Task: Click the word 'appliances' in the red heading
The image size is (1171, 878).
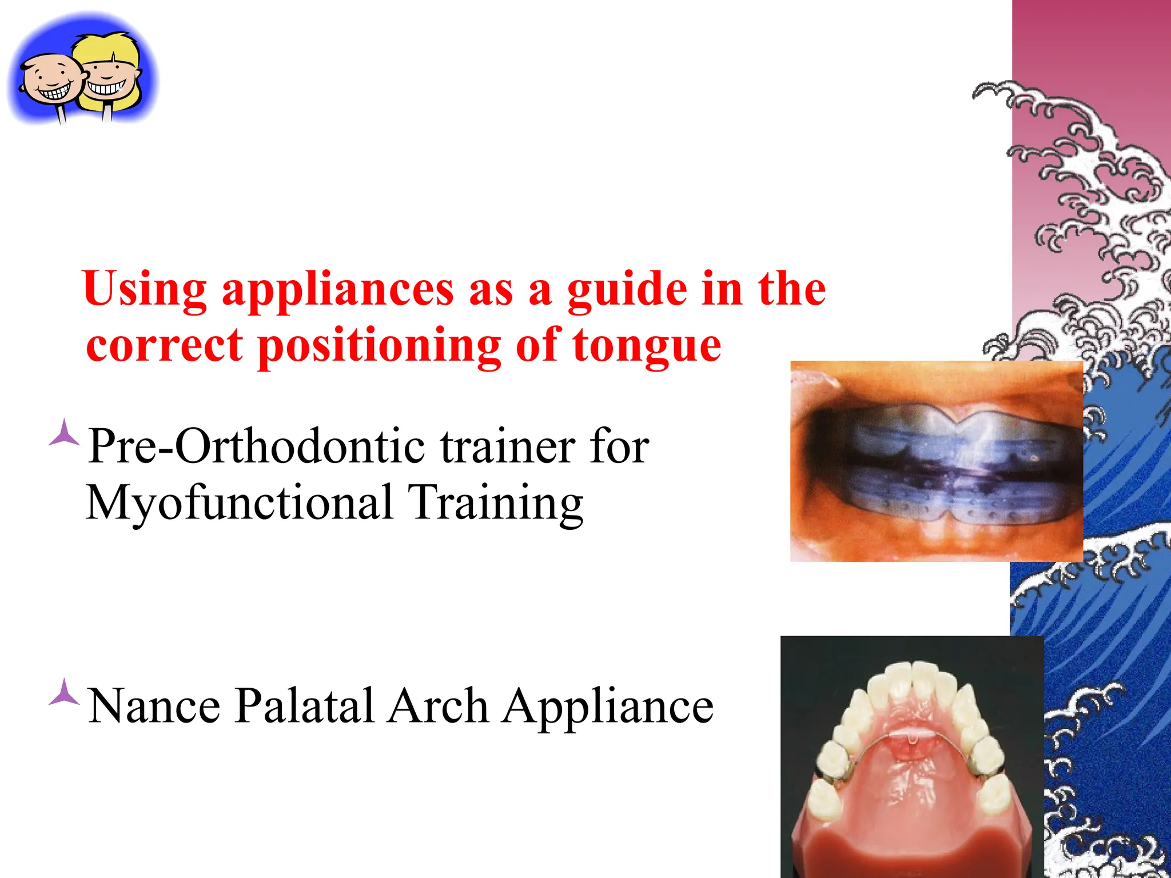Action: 337,290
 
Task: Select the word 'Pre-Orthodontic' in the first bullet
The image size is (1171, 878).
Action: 256,446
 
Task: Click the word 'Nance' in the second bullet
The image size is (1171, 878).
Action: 154,706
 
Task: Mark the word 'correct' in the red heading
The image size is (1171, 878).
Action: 165,346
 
